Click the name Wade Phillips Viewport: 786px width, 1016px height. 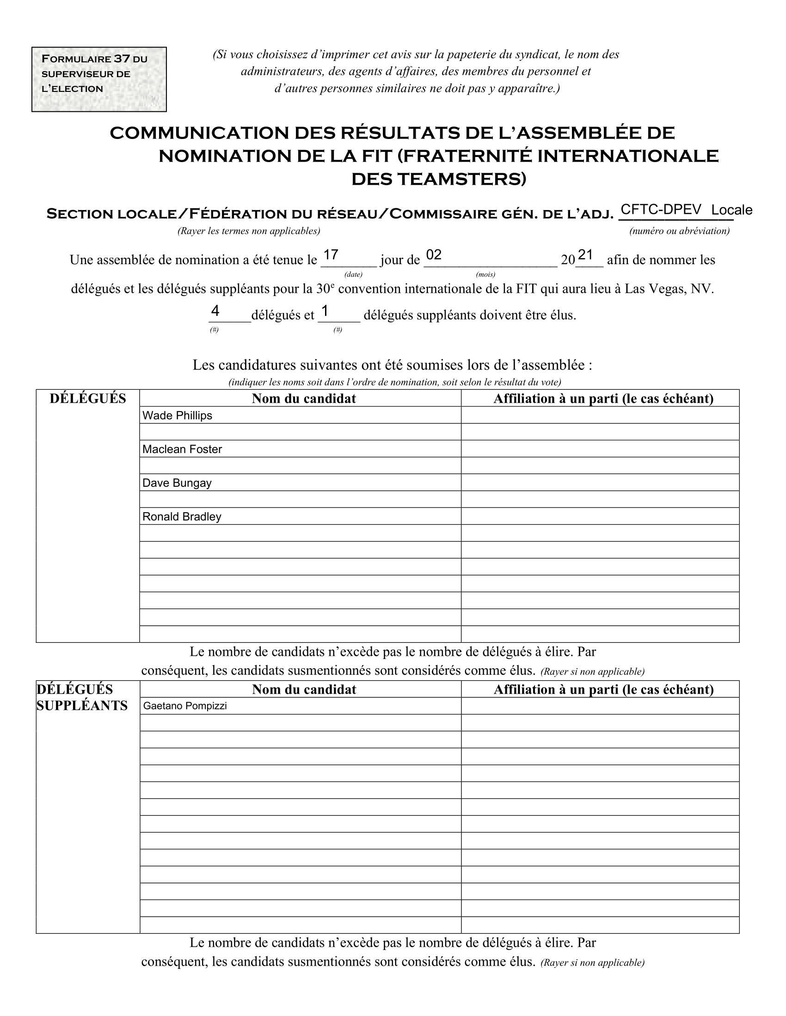(x=177, y=416)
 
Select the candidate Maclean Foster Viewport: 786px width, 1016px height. (x=182, y=449)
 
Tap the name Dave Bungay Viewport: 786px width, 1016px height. (x=177, y=483)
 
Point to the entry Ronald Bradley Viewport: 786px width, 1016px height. (x=182, y=516)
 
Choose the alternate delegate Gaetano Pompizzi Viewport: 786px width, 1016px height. (x=185, y=706)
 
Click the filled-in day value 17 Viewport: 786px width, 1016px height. (x=331, y=255)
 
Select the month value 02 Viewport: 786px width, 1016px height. (x=434, y=255)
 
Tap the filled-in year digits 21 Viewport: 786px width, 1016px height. (x=585, y=255)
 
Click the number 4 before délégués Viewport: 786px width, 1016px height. (x=215, y=310)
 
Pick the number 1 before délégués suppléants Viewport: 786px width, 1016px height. (x=325, y=310)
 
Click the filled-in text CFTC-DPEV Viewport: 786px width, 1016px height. (x=661, y=210)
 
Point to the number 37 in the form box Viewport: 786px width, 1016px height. (x=122, y=59)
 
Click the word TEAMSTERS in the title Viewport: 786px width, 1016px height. (x=458, y=179)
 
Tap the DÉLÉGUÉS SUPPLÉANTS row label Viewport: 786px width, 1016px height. (x=82, y=697)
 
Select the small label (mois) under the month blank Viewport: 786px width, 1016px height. (x=485, y=274)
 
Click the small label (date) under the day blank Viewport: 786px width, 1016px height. (x=353, y=274)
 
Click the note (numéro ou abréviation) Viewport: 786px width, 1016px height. (x=679, y=231)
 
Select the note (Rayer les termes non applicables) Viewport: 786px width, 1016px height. (x=249, y=231)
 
